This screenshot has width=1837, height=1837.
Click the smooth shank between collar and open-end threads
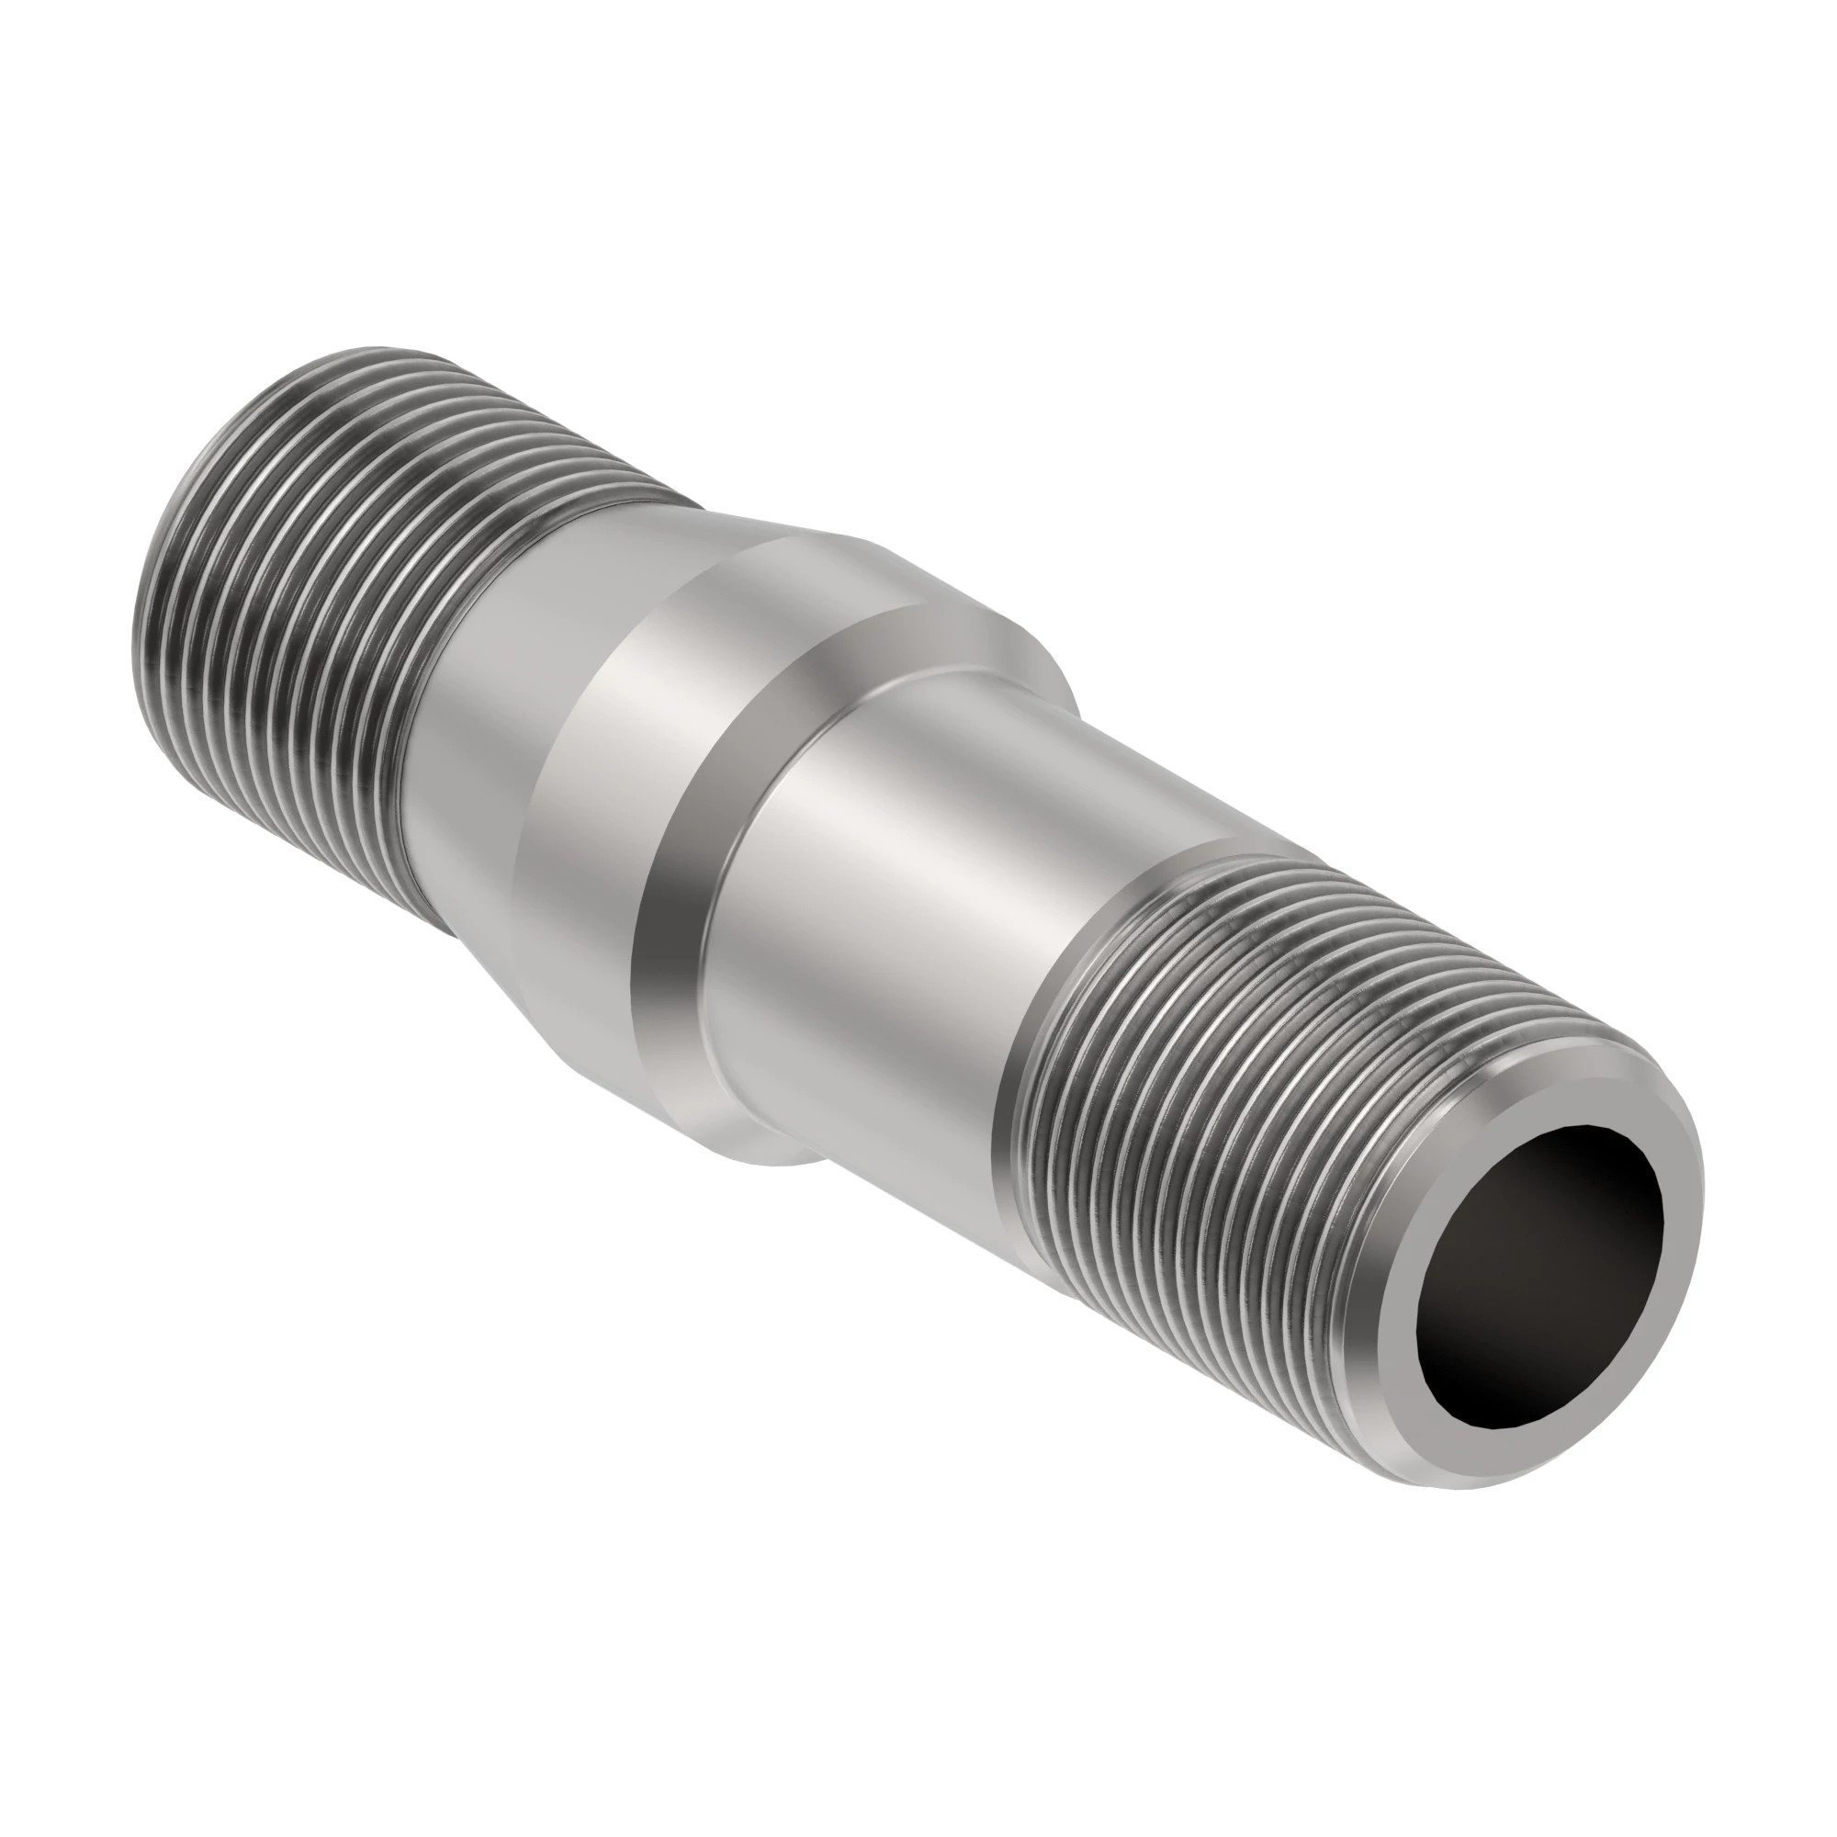pyautogui.click(x=951, y=903)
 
